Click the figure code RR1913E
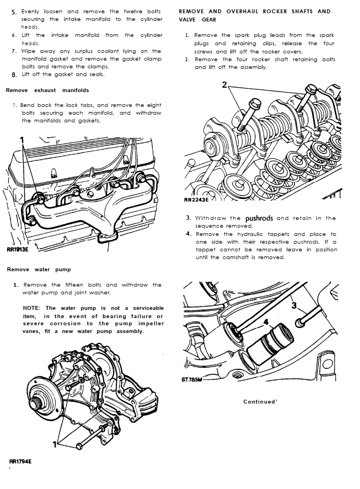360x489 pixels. (x=17, y=249)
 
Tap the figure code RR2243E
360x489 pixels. (x=196, y=201)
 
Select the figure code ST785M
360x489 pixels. (x=192, y=379)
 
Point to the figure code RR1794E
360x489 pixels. (x=20, y=461)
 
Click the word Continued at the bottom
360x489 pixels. (x=259, y=402)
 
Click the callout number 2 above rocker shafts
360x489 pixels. (x=224, y=85)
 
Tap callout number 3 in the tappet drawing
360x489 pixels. (x=294, y=305)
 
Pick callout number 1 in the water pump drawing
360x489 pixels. (x=54, y=443)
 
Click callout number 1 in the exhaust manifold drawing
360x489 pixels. (x=23, y=140)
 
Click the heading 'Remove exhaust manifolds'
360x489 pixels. (x=47, y=90)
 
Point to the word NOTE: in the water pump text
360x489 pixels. (x=33, y=308)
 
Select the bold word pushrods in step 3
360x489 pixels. (x=259, y=218)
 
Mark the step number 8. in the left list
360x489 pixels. (x=14, y=74)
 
